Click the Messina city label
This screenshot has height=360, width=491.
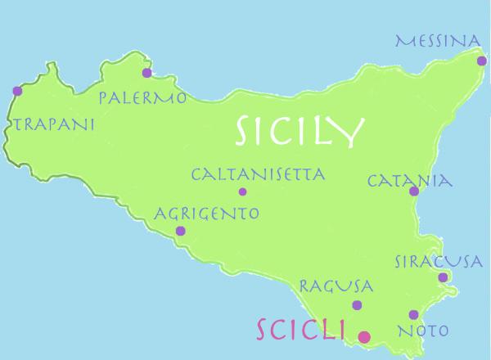coord(438,40)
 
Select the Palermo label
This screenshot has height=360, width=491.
coord(142,98)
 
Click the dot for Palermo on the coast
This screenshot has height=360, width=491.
coord(146,73)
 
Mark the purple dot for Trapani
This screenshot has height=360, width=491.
coord(17,91)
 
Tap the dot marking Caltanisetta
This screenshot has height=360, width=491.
coord(242,192)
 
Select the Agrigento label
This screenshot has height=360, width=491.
coord(207,214)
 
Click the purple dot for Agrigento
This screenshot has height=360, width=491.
coord(181,231)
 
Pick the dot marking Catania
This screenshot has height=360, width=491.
coord(414,192)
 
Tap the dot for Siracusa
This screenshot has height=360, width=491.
coord(443,277)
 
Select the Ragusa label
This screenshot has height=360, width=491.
coord(336,286)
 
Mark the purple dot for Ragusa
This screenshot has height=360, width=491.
coord(357,305)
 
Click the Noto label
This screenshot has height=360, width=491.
coord(422,331)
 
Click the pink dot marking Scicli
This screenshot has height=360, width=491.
coord(364,336)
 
